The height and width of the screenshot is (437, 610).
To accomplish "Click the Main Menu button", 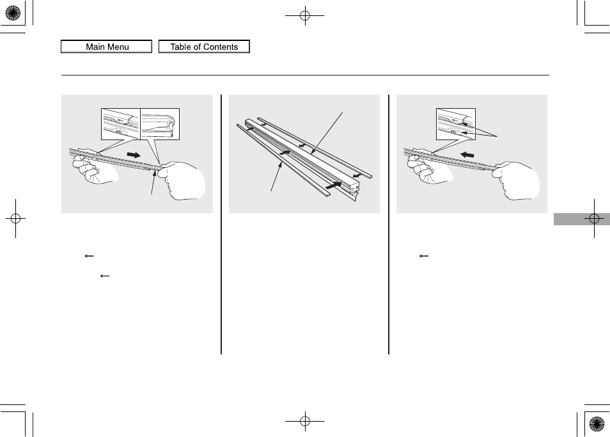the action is pyautogui.click(x=106, y=46).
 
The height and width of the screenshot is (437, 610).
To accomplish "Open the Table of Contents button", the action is pyautogui.click(x=204, y=46).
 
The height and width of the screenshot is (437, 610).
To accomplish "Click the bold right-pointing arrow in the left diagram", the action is pyautogui.click(x=134, y=155).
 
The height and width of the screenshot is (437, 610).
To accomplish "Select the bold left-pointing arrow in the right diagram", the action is pyautogui.click(x=467, y=154).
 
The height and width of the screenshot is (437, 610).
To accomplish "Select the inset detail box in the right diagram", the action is pyautogui.click(x=455, y=124).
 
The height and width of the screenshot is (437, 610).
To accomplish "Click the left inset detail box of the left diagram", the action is pyautogui.click(x=121, y=124).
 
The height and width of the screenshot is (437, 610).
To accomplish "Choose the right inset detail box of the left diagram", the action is pyautogui.click(x=160, y=124).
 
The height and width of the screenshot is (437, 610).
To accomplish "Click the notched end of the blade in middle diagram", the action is pyautogui.click(x=352, y=191).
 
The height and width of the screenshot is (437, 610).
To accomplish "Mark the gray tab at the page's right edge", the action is pyautogui.click(x=582, y=219).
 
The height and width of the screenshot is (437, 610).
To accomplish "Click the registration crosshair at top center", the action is pyautogui.click(x=305, y=15).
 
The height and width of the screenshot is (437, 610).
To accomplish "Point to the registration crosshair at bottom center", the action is pyautogui.click(x=305, y=420).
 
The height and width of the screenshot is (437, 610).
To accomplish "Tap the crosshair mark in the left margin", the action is pyautogui.click(x=15, y=219).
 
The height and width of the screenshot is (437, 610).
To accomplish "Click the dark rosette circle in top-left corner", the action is pyautogui.click(x=13, y=13).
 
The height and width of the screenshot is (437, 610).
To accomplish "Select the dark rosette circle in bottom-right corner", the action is pyautogui.click(x=597, y=424).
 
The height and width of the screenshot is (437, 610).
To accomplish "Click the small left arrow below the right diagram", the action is pyautogui.click(x=424, y=256).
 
